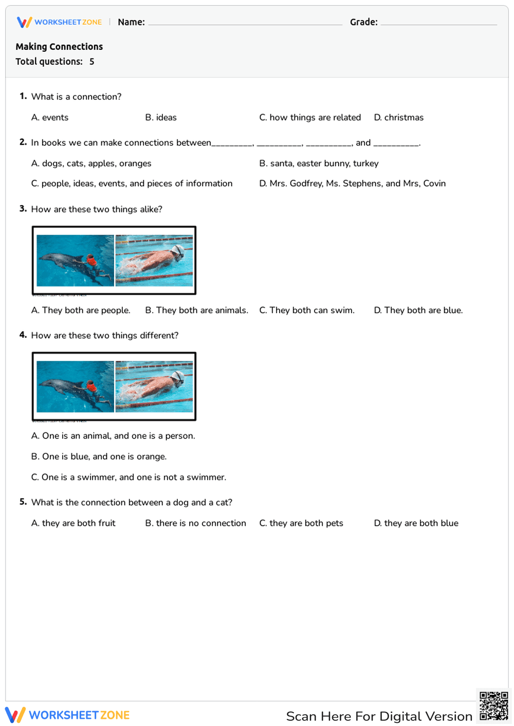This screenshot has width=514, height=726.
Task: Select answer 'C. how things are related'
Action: pos(310,118)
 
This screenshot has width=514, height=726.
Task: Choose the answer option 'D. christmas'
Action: pos(398,118)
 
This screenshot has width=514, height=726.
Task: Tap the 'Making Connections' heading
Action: pos(59,47)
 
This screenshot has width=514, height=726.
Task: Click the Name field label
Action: pos(131,22)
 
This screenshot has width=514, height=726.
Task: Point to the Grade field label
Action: pos(363,22)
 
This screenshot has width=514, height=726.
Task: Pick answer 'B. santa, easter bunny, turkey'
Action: pos(319,163)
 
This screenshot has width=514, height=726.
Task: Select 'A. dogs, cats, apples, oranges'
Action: pos(91,163)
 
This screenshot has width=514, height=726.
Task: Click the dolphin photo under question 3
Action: pos(75,260)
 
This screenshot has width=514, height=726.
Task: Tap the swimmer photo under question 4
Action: pos(154,386)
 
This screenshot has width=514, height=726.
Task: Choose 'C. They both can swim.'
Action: pos(307,310)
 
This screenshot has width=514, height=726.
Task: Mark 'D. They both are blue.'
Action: pos(418,310)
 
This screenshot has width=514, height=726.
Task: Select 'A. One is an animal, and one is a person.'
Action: pos(113,436)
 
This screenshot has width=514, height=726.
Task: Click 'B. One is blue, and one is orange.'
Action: pos(99,456)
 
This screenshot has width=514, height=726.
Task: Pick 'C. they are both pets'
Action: pos(301,523)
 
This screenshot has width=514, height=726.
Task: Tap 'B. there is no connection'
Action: pos(195,523)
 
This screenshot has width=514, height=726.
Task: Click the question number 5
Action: pos(23,502)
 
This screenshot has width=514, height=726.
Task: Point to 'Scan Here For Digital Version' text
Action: pos(379,716)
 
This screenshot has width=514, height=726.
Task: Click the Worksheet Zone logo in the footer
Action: pos(67,715)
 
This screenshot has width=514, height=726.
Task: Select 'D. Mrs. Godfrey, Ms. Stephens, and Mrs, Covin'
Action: pos(352,183)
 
